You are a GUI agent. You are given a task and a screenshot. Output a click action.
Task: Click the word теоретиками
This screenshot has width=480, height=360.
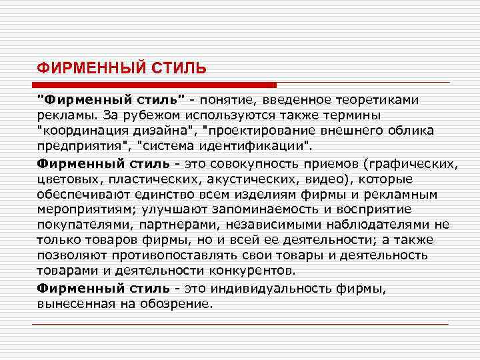tap(383, 99)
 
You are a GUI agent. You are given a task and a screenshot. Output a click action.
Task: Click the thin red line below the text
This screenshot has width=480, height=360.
tap(240, 323)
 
